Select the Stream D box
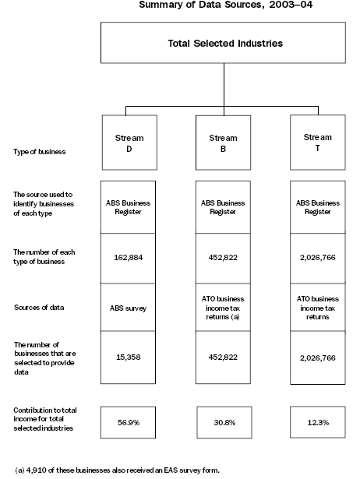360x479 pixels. click(x=129, y=143)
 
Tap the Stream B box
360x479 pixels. click(x=223, y=143)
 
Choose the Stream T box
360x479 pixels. click(x=316, y=143)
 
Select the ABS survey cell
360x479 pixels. click(x=129, y=307)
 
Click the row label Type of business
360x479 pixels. click(x=39, y=151)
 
